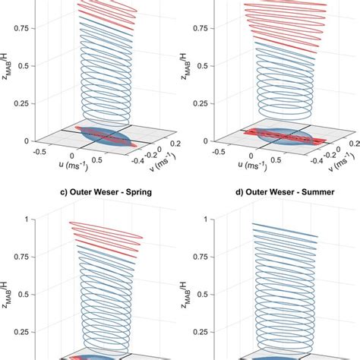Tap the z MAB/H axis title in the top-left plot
8,65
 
